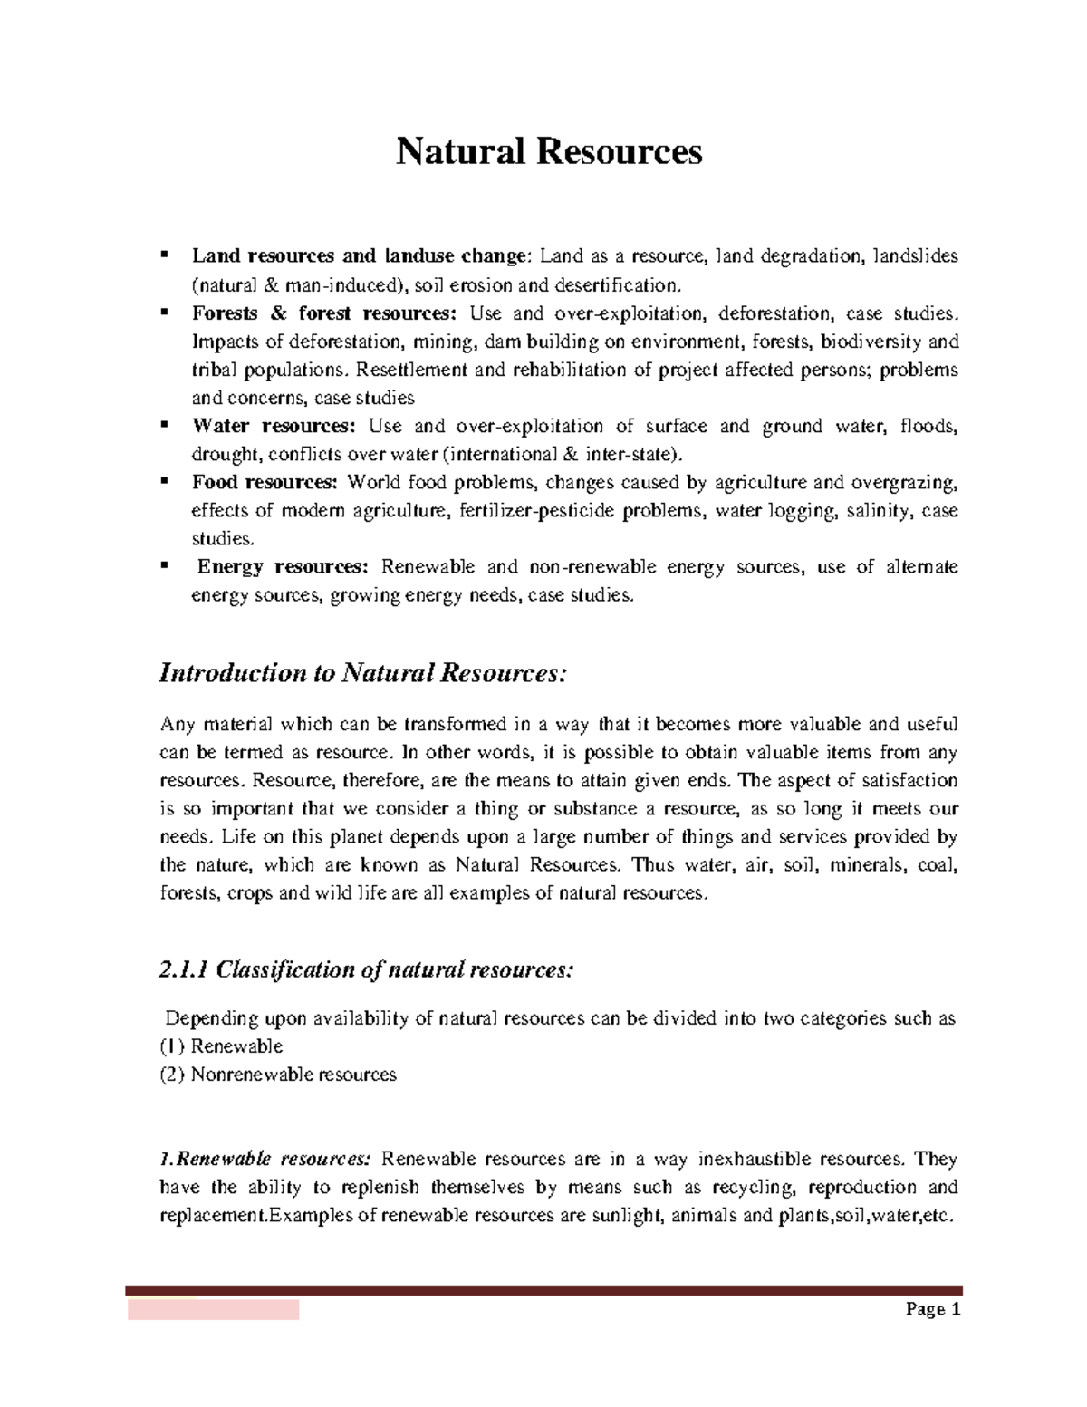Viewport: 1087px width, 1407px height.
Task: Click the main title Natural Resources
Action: coord(549,151)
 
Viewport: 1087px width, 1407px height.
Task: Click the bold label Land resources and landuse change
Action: coord(359,256)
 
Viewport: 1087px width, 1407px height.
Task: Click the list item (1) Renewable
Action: coord(221,1046)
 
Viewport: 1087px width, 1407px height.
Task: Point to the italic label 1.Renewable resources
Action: coord(265,1159)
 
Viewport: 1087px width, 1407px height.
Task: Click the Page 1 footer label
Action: coord(933,1309)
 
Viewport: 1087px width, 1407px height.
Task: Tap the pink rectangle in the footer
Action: coord(213,1309)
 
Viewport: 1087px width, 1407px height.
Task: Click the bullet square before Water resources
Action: coord(164,424)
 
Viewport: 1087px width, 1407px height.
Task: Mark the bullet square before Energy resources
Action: coord(164,565)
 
